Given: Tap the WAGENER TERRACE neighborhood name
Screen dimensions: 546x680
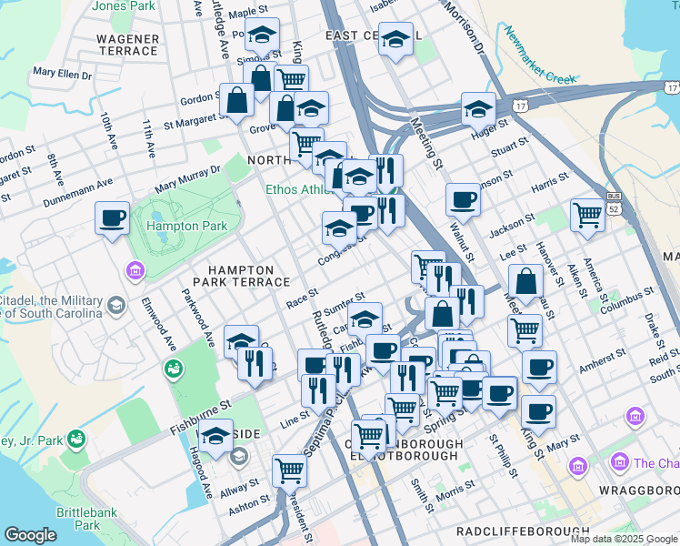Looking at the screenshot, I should [128, 45].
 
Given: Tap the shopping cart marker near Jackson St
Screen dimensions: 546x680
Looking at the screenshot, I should [588, 216].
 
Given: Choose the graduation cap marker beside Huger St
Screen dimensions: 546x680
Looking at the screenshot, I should [477, 109].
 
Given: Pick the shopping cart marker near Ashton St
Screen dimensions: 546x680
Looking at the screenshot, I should [289, 470].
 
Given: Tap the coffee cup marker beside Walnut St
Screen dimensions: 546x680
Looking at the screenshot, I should [463, 200].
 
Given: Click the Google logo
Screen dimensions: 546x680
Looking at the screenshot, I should [30, 535].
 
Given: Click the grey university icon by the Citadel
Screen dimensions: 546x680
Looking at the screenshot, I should [115, 304].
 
